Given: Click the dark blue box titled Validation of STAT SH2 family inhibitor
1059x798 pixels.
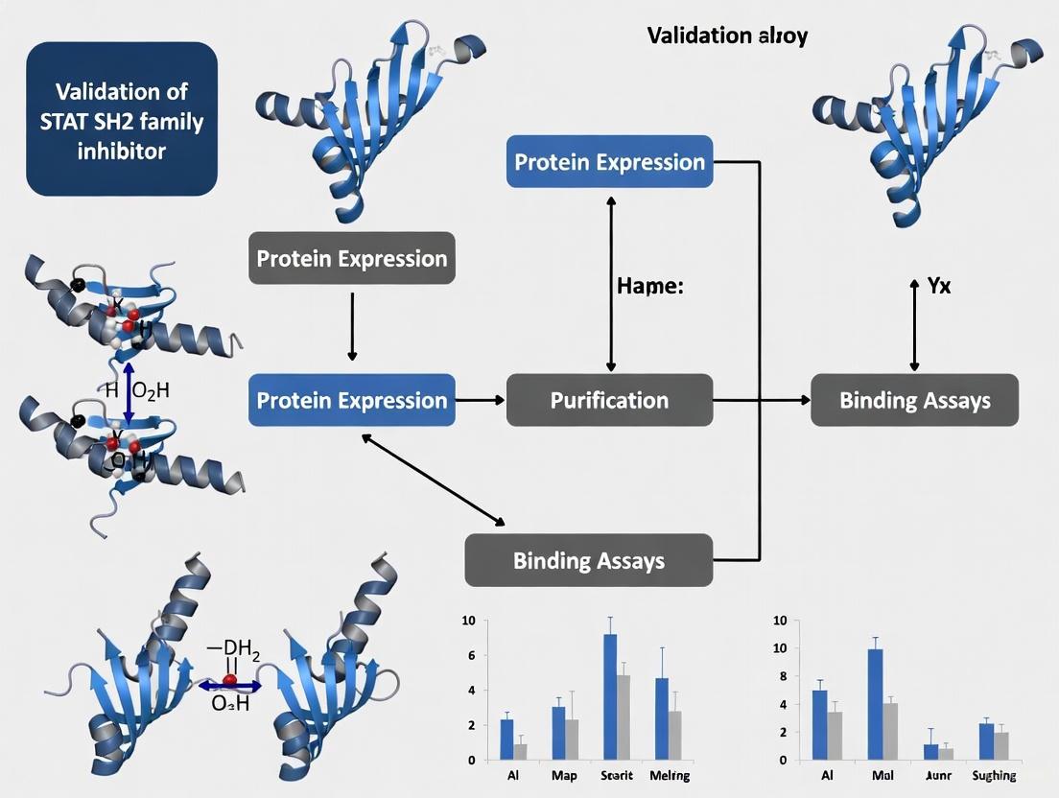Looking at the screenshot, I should click(x=122, y=119).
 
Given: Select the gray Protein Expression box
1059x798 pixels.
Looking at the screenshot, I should click(x=351, y=258).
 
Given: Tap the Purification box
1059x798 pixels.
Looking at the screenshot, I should click(x=609, y=400).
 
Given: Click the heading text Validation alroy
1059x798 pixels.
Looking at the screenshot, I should click(x=727, y=36).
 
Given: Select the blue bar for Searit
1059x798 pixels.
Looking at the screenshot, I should click(x=610, y=695).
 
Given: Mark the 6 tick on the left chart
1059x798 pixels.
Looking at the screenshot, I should click(x=469, y=655).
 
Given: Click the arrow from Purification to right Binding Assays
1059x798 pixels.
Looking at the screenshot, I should click(x=762, y=399).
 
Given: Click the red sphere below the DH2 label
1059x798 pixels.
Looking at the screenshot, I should click(x=230, y=681).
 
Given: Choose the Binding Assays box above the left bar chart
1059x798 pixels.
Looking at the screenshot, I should click(x=588, y=560).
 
